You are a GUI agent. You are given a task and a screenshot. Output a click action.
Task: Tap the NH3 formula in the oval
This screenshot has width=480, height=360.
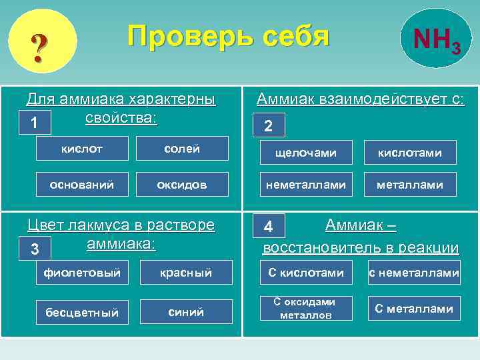tap(435, 42)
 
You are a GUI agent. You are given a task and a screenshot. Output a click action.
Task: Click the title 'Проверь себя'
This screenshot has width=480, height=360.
tap(229, 37)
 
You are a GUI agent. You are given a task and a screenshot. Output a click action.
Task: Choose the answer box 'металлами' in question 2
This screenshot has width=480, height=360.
tap(410, 185)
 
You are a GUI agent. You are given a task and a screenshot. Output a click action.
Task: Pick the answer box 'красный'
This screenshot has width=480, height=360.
tap(186, 272)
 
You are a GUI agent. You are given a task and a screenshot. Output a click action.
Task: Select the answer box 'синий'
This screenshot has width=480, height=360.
tap(186, 311)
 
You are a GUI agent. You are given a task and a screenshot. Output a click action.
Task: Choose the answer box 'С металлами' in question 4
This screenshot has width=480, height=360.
tap(414, 308)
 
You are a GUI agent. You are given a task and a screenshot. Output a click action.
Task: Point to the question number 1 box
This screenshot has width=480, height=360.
tap(33, 123)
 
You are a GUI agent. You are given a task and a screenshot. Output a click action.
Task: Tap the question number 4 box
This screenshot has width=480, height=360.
tap(268, 226)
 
